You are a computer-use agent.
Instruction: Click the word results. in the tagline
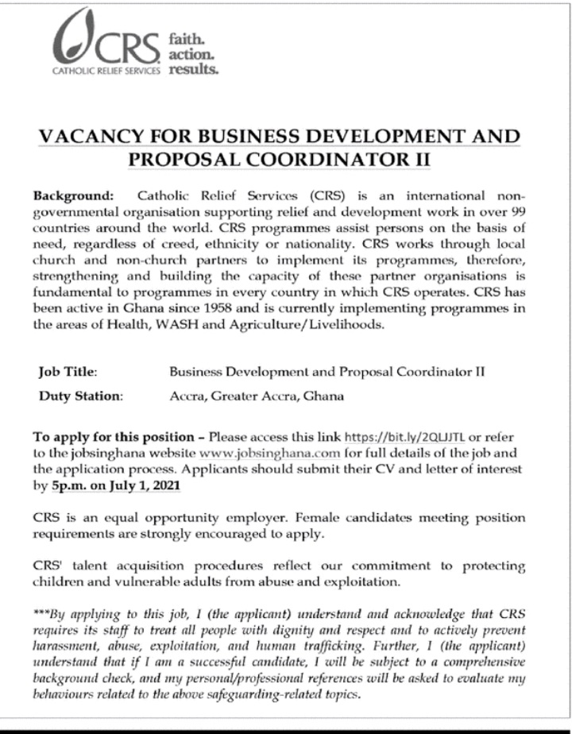coord(193,69)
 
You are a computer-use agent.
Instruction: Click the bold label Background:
coord(74,195)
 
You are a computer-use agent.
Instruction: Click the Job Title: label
coord(68,371)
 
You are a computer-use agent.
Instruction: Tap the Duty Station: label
coord(80,395)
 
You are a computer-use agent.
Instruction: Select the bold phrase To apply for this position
coord(112,438)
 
